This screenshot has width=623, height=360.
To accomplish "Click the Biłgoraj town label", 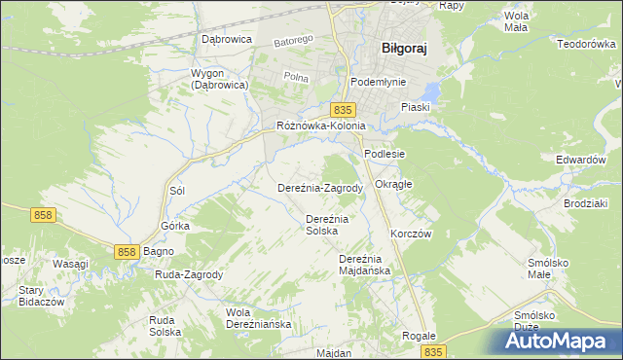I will tap(404, 47).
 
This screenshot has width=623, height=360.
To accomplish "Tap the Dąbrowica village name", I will tap(226, 39).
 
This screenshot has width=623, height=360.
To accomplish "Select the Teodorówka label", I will tap(587, 44).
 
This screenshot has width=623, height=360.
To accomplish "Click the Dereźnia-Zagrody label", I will tap(320, 188).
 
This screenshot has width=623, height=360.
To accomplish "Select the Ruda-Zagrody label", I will tap(189, 274).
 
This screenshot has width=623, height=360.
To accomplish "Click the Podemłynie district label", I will tap(379, 83).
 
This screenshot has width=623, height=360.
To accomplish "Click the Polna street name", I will tap(294, 76).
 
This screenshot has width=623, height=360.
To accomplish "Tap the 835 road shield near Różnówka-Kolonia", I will tap(341, 111).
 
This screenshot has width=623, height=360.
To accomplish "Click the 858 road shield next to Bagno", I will tap(127, 252).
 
